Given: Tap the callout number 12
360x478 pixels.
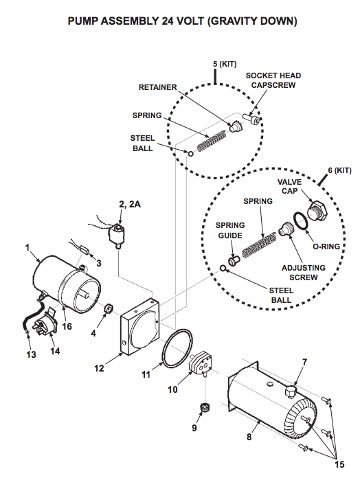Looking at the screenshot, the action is point(99,368).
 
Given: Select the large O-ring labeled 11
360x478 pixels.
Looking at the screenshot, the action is point(177,348).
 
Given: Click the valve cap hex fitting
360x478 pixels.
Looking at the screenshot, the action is point(317,211).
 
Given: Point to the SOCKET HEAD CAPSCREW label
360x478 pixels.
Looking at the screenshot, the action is point(273,80).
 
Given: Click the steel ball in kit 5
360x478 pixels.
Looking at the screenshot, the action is point(190,153).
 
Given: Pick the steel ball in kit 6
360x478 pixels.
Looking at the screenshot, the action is point(223,269).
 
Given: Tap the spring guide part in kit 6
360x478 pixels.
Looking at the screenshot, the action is point(234,261).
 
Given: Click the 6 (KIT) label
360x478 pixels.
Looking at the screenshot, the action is point(340,170).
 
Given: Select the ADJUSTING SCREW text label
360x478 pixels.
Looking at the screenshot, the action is point(304,273).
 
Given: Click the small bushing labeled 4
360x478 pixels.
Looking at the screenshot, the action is point(109,309).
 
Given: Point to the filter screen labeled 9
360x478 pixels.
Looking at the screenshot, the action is point(205,407).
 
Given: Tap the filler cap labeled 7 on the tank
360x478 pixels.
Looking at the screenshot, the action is point(291,391).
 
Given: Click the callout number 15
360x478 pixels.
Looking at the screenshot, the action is point(339,464).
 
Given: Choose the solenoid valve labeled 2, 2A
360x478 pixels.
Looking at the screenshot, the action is point(116,234).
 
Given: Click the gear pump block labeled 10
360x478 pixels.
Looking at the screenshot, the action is point(201,363).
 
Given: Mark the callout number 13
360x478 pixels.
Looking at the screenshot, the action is point(31,354).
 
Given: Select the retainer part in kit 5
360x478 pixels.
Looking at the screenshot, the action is point(236,126).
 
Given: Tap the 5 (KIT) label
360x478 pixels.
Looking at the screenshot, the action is point(225,65).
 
